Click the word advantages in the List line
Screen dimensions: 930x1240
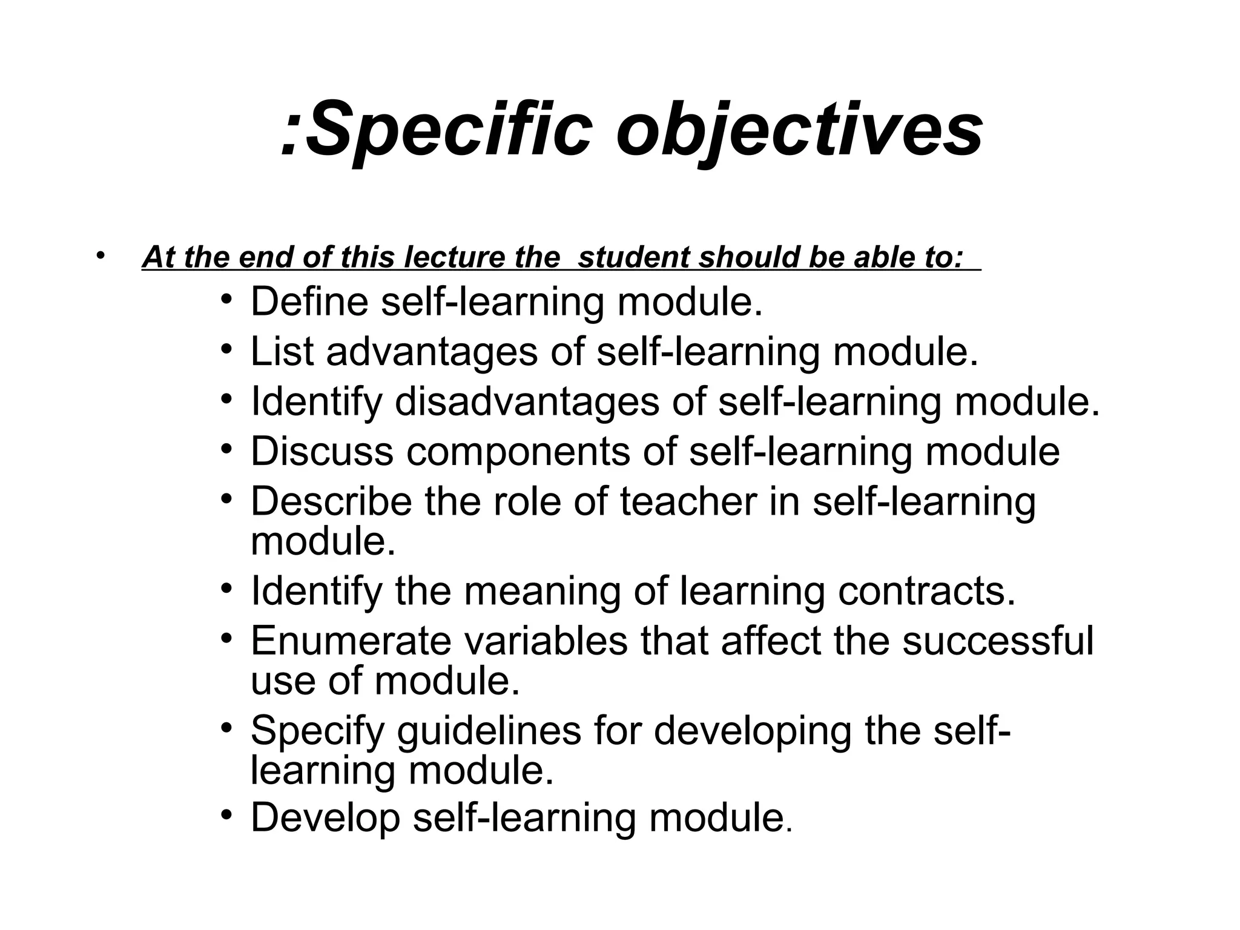(x=432, y=352)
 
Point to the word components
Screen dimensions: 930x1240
(x=518, y=452)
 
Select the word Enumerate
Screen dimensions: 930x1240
(x=351, y=641)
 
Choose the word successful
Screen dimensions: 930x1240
(x=998, y=641)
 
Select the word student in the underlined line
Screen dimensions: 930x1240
(x=633, y=258)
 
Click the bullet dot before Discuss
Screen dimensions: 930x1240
(x=226, y=450)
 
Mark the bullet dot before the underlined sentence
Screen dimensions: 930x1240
(x=100, y=255)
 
